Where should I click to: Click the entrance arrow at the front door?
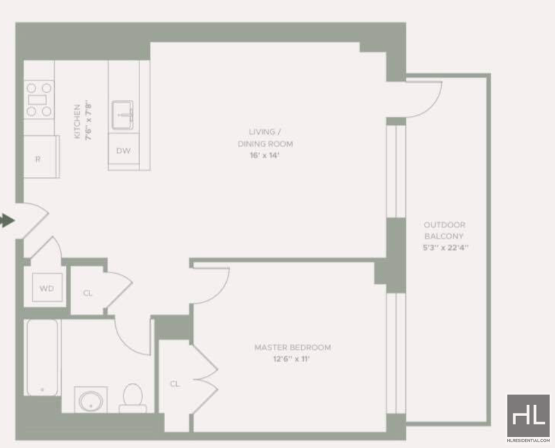pyautogui.click(x=7, y=221)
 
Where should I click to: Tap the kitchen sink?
pyautogui.click(x=123, y=115)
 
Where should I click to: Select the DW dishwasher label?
pyautogui.click(x=123, y=150)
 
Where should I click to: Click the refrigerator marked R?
pyautogui.click(x=42, y=157)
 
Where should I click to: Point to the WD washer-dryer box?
pyautogui.click(x=47, y=287)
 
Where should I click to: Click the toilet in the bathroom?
pyautogui.click(x=133, y=399)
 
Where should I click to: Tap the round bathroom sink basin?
pyautogui.click(x=91, y=402)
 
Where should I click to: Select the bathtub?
pyautogui.click(x=42, y=357)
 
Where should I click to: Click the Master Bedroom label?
pyautogui.click(x=293, y=347)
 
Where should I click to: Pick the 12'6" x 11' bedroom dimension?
pyautogui.click(x=291, y=359)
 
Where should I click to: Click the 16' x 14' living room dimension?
pyautogui.click(x=265, y=155)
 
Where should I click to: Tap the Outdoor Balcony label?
pyautogui.click(x=444, y=230)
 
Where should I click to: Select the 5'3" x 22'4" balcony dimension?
pyautogui.click(x=445, y=248)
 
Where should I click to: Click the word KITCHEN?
pyautogui.click(x=77, y=121)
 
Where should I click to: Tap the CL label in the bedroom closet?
pyautogui.click(x=175, y=384)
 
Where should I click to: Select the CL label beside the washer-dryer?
pyautogui.click(x=87, y=293)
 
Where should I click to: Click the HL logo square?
pyautogui.click(x=528, y=416)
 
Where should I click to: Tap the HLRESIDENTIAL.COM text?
pyautogui.click(x=528, y=440)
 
